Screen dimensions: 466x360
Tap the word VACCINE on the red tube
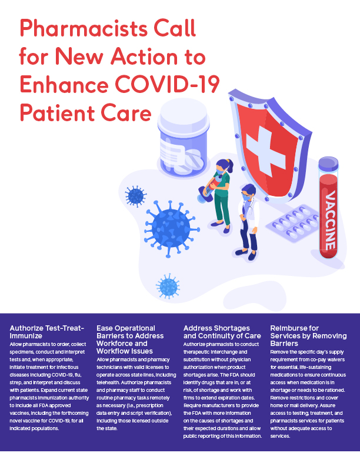pos(331,221)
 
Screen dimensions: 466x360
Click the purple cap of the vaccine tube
pos(331,167)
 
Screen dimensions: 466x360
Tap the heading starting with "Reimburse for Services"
pos(302,335)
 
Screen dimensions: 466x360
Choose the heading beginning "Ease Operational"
pos(126,339)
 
